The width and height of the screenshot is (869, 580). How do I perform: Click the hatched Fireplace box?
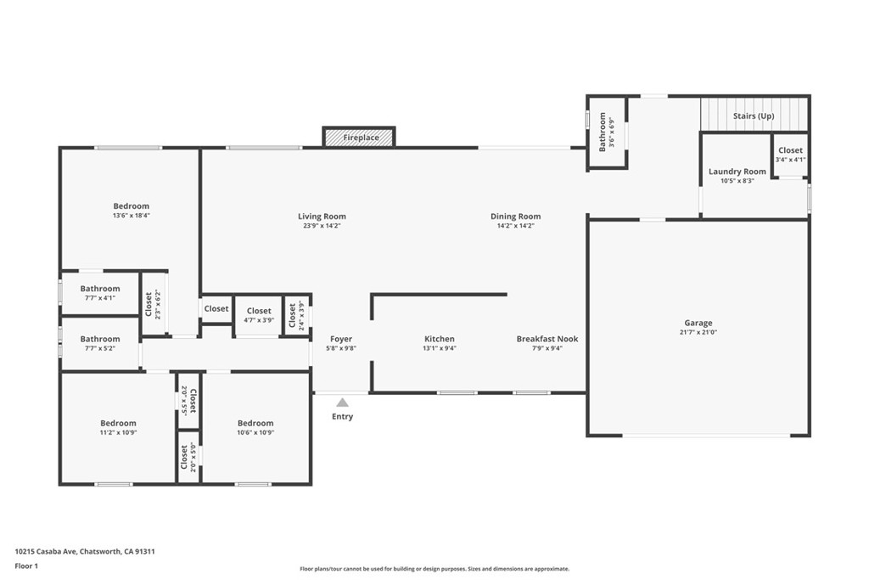360,137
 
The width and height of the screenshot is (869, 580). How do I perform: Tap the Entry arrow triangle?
342,403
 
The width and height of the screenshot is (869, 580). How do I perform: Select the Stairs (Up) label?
754,115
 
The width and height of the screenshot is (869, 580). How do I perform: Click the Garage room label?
698,323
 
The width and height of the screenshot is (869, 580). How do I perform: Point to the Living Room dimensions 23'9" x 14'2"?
322,227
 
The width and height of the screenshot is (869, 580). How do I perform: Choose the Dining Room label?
515,217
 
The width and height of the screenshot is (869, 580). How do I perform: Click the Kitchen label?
440,339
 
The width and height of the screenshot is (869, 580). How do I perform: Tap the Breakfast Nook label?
547,339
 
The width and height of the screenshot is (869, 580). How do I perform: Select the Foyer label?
341,339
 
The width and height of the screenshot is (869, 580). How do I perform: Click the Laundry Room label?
737,172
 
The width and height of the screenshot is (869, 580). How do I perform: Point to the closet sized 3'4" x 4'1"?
790,155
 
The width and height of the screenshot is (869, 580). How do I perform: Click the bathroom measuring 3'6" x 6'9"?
607,132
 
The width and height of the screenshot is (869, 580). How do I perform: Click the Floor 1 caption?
27,565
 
